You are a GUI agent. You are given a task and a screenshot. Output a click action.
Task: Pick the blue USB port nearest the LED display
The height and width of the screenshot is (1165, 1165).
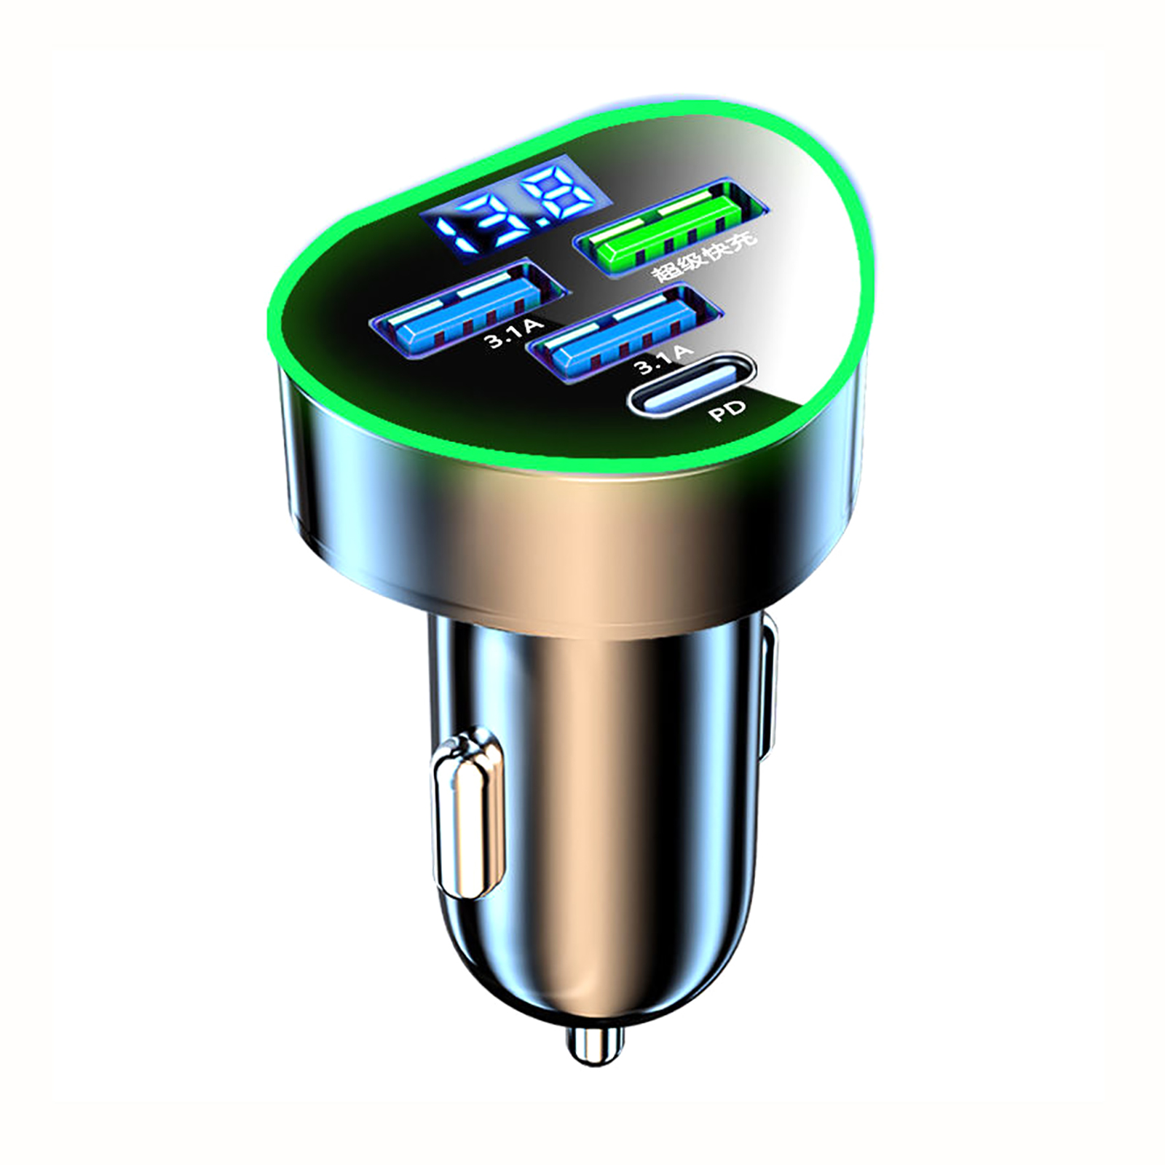click(468, 307)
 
